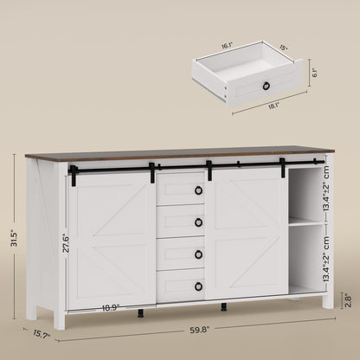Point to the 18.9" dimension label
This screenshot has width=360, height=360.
[x=111, y=307]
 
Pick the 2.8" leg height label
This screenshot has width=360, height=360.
[x=346, y=298]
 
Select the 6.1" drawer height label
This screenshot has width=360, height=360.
[x=315, y=74]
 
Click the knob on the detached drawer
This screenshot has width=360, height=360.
[x=267, y=85]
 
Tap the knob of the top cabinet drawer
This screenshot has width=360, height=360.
[x=198, y=190]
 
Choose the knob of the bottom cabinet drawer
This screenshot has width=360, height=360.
[x=198, y=286]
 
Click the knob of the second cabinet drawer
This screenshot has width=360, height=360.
[x=198, y=222]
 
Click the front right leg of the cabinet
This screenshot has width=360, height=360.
[x=328, y=299]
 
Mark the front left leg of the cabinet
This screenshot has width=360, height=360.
[x=59, y=318]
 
